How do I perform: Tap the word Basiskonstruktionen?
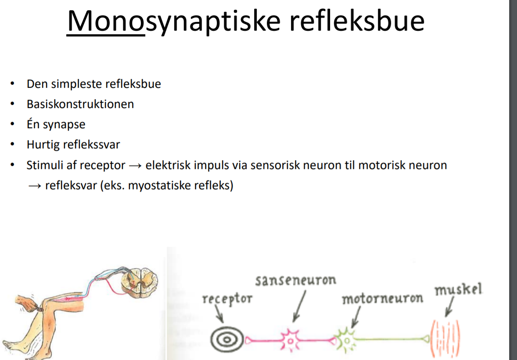(80, 104)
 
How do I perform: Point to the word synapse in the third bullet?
(64, 124)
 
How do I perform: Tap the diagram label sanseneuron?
(296, 280)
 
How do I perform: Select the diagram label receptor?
(227, 299)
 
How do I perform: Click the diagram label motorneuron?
(382, 299)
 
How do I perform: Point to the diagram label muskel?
(458, 290)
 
